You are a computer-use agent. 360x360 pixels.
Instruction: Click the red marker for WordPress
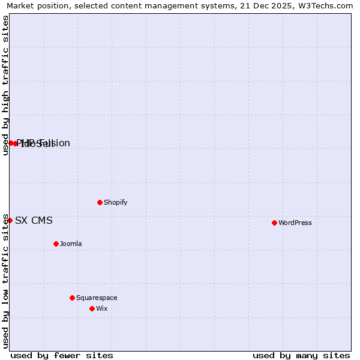[x=274, y=223]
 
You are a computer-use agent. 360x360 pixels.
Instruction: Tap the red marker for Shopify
[x=100, y=202]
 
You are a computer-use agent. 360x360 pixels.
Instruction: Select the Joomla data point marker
[x=56, y=244]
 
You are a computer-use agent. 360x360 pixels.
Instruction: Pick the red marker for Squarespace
[x=72, y=298]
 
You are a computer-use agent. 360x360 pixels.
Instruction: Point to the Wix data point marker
[x=92, y=308]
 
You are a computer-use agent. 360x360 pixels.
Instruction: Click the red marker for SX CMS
[x=10, y=220]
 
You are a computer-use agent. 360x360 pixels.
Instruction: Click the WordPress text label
[x=295, y=223]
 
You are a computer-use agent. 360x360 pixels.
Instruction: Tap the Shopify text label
[x=115, y=202]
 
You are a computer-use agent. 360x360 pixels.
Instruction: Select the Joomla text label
[x=70, y=244]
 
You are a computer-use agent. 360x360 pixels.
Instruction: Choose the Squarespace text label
[x=97, y=298]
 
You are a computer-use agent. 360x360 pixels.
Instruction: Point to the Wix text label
[x=101, y=308]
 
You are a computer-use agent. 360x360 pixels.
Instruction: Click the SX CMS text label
[x=34, y=220]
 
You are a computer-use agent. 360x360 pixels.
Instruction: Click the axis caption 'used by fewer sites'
[x=62, y=355]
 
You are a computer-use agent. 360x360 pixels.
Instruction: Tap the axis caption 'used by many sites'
[x=301, y=355]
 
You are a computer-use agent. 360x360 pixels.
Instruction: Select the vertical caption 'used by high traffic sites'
[x=6, y=85]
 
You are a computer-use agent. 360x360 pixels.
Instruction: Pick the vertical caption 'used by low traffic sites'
[x=6, y=281]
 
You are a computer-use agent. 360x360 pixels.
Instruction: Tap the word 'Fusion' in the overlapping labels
[x=56, y=143]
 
